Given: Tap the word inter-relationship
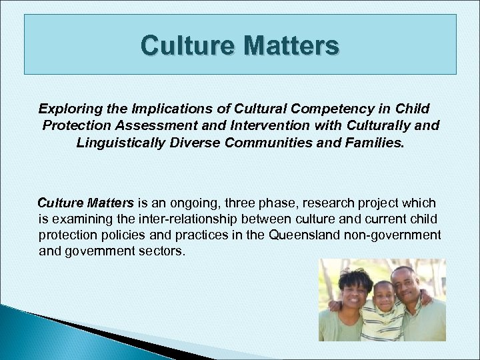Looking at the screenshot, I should coord(169,219).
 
